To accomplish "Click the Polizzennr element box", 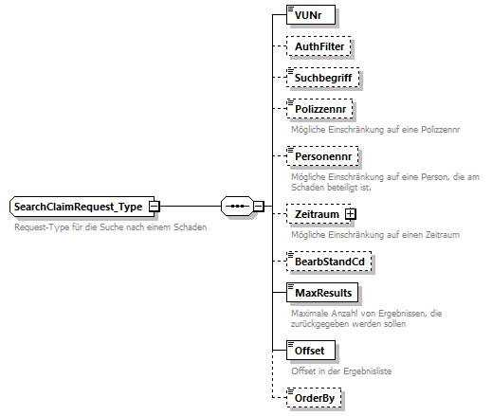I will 323,109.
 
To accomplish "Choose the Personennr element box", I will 324,154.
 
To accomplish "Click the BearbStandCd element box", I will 328,261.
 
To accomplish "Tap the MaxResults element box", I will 323,292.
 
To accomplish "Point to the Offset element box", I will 310,351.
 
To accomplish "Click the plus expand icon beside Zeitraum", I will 350,214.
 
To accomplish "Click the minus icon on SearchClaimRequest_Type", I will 153,207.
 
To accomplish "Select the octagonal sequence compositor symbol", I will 235,206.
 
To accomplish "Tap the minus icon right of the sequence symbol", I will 258,206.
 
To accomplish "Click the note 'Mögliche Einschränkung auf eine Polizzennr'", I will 374,129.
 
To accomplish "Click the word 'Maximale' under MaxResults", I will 309,313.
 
